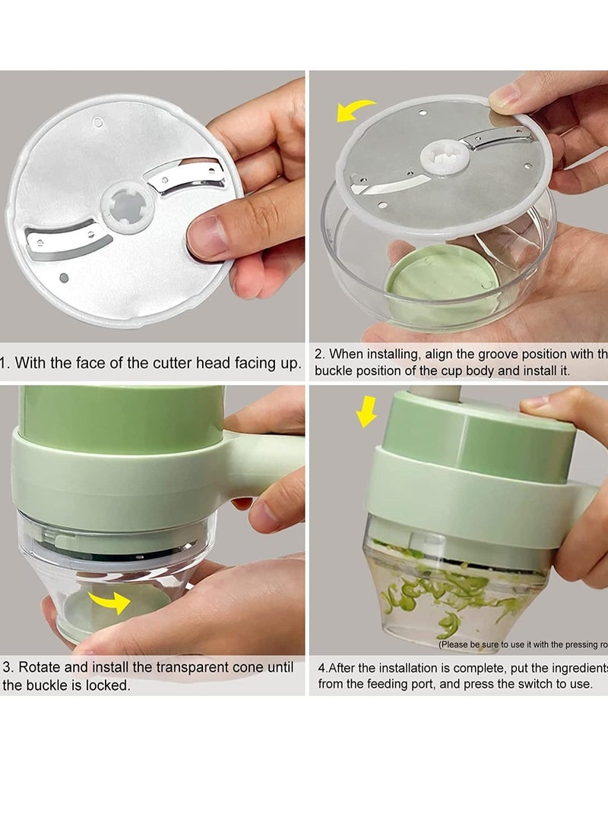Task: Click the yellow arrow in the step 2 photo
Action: coord(356,110)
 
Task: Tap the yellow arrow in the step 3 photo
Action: coord(109,604)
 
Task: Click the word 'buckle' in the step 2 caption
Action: coord(335,371)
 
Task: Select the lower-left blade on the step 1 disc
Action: coord(65,242)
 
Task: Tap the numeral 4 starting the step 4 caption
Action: coord(322,668)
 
